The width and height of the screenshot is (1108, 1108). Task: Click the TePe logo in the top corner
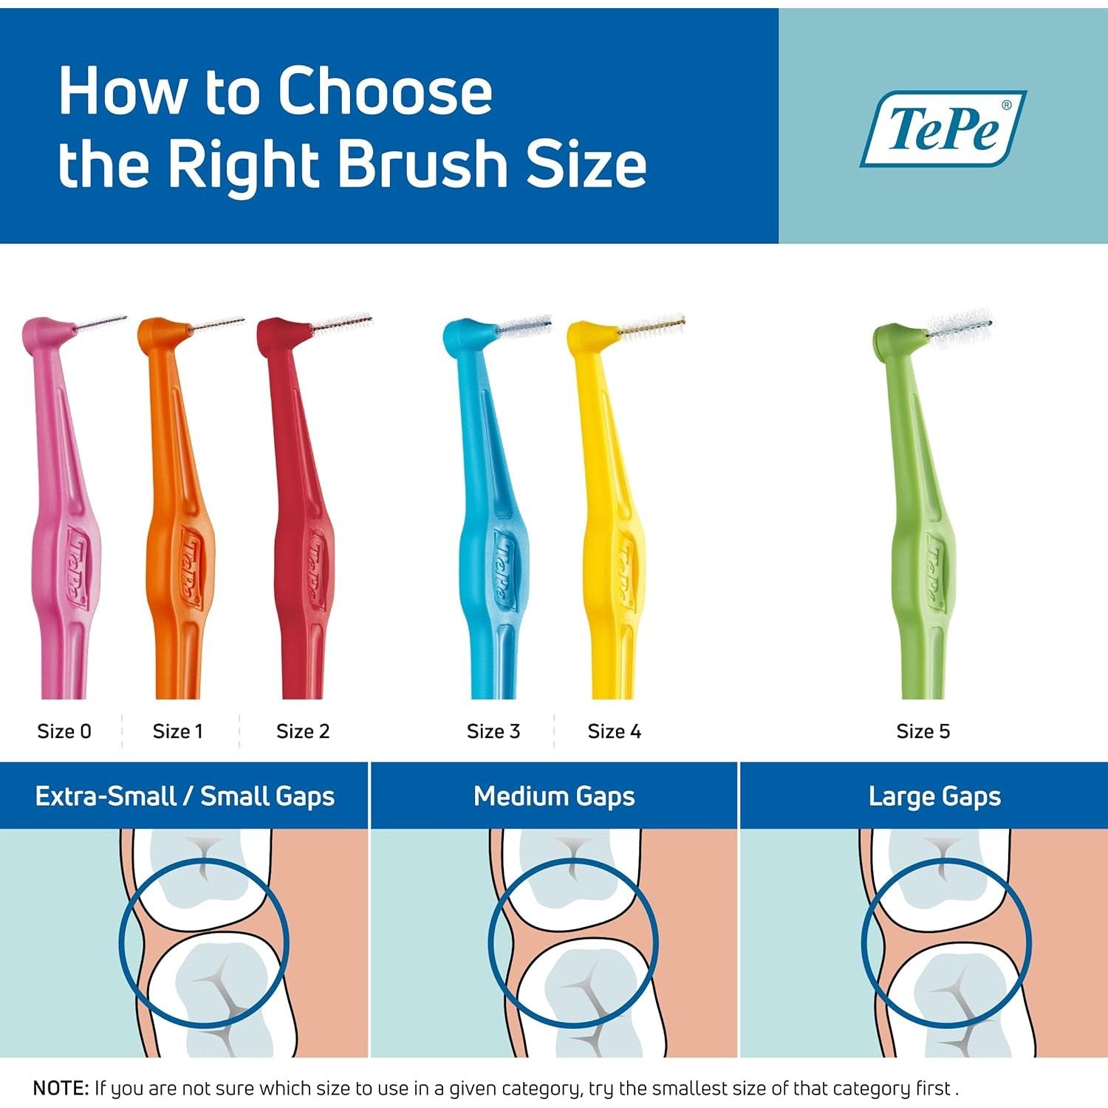tap(943, 129)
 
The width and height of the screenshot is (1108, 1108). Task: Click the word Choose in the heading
tap(385, 92)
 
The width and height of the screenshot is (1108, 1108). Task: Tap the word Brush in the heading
tap(423, 163)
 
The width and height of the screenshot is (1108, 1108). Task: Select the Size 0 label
tap(64, 731)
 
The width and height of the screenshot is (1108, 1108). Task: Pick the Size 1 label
tap(177, 731)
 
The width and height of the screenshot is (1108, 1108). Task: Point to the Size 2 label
tap(303, 731)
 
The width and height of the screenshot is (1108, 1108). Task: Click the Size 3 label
tap(493, 731)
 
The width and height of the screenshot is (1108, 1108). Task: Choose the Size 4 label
tap(615, 731)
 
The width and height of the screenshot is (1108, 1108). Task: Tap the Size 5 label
tap(923, 731)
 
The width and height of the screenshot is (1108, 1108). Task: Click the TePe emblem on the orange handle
tap(187, 567)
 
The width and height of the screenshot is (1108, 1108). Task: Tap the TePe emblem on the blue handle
tap(502, 567)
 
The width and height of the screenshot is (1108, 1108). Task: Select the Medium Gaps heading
tap(554, 796)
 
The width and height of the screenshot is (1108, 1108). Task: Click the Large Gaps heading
tap(934, 796)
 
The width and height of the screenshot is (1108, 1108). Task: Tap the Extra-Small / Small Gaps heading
tap(185, 796)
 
